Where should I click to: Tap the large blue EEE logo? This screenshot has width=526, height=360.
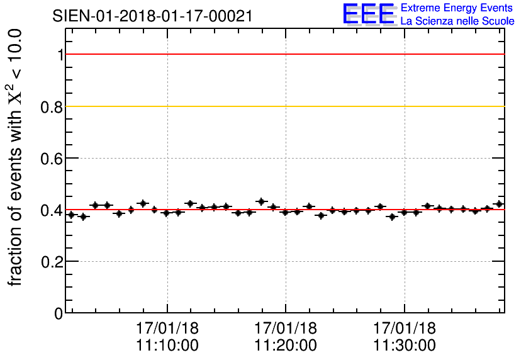[369, 14]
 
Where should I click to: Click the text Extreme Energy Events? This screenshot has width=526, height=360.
[457, 8]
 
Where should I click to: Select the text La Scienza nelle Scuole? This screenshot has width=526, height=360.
[457, 21]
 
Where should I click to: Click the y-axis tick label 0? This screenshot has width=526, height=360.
[59, 313]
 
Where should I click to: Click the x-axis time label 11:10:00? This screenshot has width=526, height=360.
[167, 346]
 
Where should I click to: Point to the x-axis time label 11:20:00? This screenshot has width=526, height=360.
[286, 346]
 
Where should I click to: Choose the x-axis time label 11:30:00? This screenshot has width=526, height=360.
[404, 346]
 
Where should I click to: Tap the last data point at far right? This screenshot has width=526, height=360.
[499, 204]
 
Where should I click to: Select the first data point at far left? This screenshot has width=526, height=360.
[71, 215]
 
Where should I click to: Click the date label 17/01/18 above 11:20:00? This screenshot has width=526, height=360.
[286, 329]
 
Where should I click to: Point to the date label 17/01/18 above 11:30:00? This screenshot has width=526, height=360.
[404, 329]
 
